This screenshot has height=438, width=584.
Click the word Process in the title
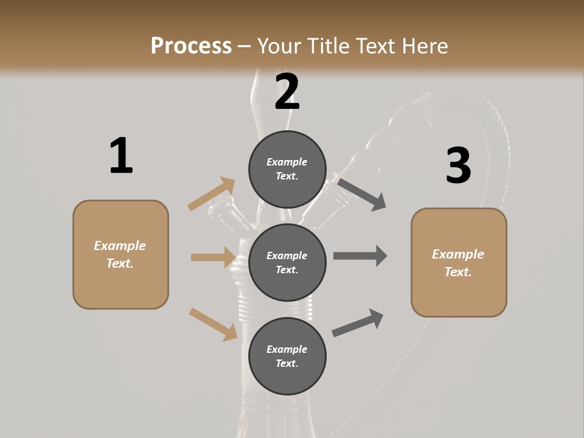click(191, 46)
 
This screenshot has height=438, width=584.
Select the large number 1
click(121, 156)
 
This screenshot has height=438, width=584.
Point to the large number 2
click(287, 92)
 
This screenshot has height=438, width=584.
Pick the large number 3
click(458, 166)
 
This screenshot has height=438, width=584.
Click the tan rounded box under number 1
click(120, 254)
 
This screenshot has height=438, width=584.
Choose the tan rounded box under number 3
click(459, 263)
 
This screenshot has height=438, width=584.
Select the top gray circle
click(287, 169)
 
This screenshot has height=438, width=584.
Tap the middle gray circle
click(287, 263)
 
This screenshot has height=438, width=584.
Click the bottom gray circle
click(287, 356)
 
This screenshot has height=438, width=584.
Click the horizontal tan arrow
click(213, 257)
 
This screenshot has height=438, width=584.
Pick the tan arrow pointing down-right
click(214, 324)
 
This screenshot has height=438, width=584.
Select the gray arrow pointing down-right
click(362, 194)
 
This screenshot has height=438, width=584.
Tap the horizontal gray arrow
click(360, 256)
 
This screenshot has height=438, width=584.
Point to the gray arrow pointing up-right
click(358, 322)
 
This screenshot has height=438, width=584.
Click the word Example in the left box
click(120, 246)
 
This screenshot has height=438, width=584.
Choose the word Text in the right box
click(457, 272)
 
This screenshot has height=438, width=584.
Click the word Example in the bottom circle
click(287, 349)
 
